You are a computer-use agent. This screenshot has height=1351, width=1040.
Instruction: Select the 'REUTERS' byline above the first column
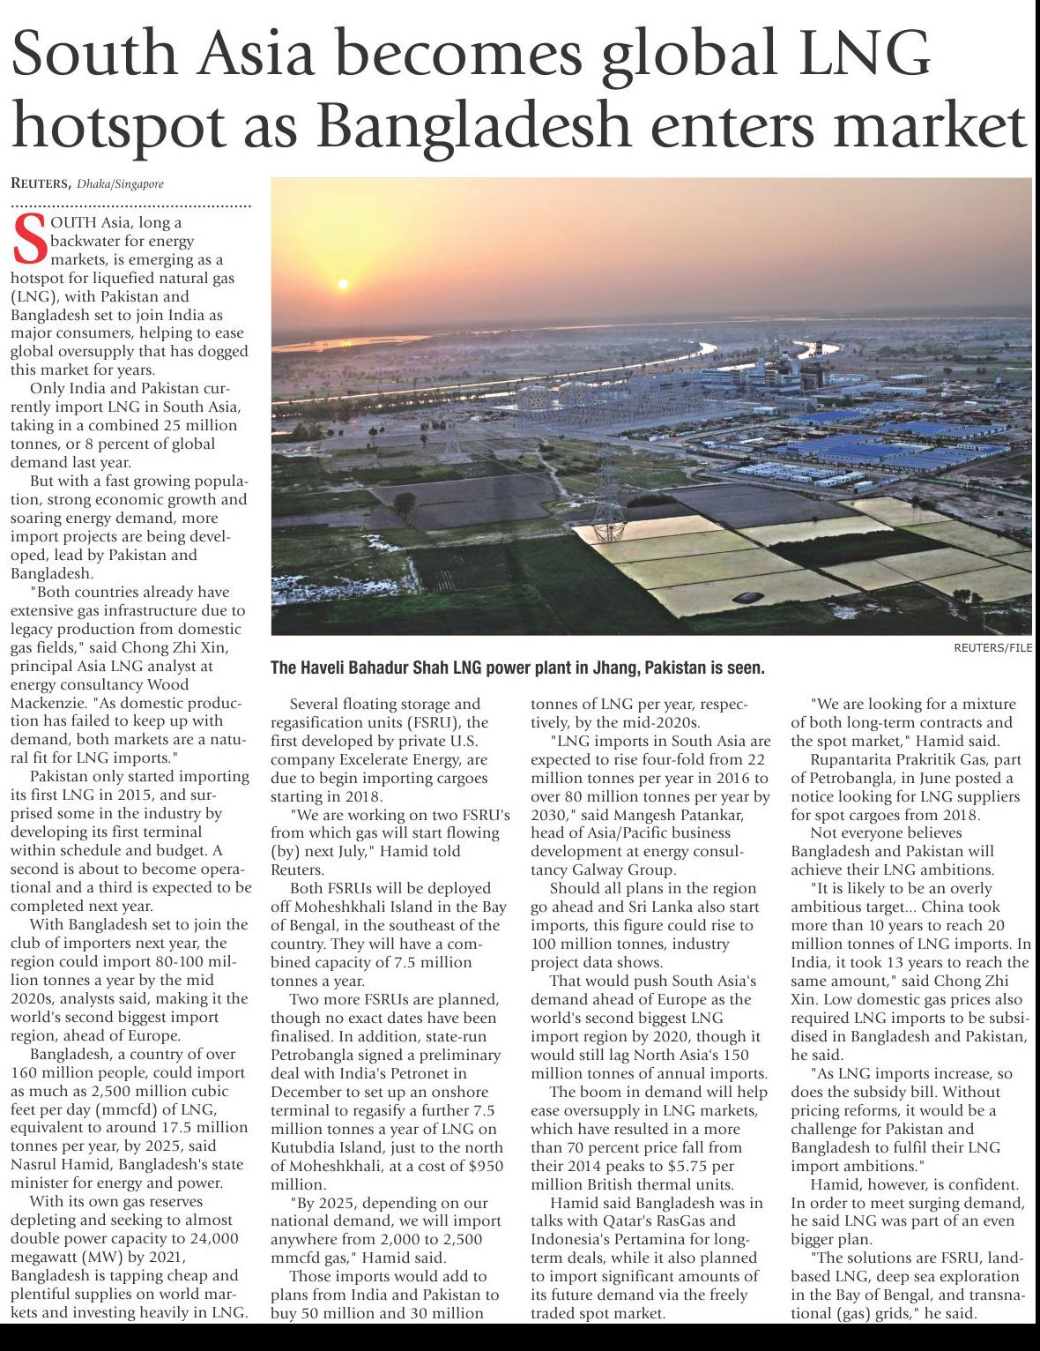pyautogui.click(x=40, y=183)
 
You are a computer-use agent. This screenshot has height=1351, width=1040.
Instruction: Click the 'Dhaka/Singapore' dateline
pyautogui.click(x=120, y=184)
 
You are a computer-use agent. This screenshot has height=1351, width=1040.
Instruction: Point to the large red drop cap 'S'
pyautogui.click(x=30, y=239)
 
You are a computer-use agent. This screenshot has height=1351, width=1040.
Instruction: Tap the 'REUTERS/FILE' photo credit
pyautogui.click(x=992, y=647)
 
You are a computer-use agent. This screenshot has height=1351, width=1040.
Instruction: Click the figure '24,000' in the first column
pyautogui.click(x=214, y=1238)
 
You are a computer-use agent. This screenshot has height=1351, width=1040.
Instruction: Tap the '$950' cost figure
pyautogui.click(x=485, y=1166)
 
